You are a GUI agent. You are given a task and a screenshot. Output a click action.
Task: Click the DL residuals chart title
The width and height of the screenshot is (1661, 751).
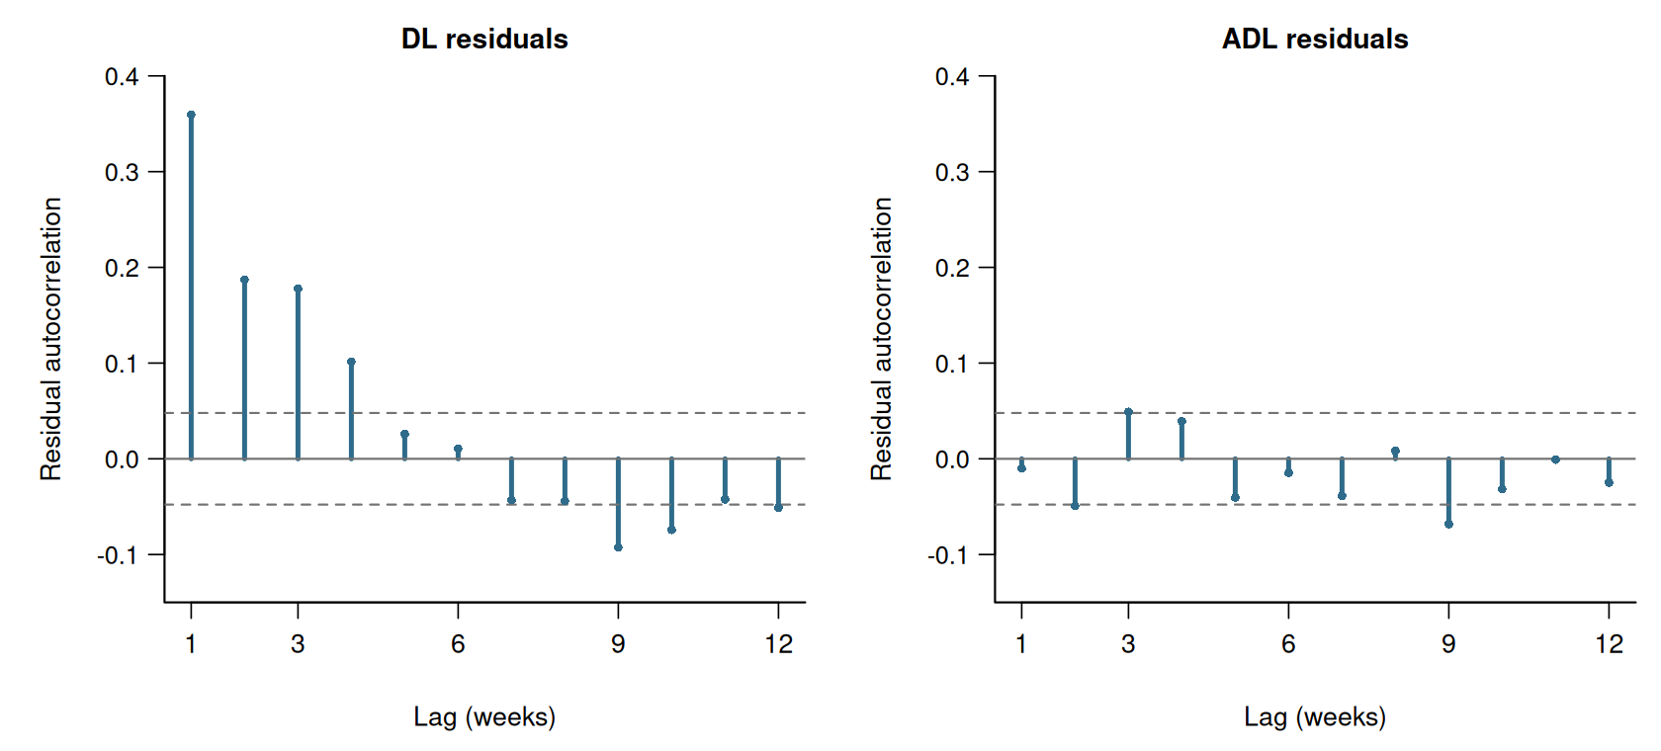(x=484, y=39)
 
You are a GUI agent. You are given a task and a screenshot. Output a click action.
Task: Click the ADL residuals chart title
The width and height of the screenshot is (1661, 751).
(x=1315, y=39)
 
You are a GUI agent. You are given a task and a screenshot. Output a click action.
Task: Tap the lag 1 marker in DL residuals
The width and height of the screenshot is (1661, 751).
(x=192, y=115)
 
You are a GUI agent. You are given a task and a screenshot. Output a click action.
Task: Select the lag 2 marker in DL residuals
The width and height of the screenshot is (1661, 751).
(x=245, y=280)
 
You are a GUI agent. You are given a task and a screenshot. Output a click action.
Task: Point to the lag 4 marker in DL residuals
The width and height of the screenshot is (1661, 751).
(x=352, y=362)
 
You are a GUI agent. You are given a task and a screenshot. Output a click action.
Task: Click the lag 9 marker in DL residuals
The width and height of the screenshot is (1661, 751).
(x=619, y=547)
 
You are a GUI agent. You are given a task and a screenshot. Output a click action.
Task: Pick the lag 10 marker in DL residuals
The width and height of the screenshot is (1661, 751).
(x=672, y=530)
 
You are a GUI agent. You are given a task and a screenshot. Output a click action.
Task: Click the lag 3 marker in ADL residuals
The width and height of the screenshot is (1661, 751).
(x=1129, y=411)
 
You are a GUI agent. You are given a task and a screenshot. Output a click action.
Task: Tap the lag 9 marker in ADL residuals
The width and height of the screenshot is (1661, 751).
(x=1449, y=524)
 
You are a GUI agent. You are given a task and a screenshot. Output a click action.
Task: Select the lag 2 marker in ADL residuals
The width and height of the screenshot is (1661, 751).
(x=1076, y=506)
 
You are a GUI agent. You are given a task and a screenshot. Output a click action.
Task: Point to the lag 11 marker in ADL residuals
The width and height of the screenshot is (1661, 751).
(x=1556, y=459)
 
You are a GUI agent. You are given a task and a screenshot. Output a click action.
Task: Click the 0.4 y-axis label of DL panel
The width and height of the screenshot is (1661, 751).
(x=122, y=76)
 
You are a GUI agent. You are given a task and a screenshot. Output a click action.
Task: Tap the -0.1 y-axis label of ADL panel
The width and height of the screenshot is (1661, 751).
(x=947, y=555)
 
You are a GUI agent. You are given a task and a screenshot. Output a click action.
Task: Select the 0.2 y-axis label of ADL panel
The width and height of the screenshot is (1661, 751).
(x=952, y=268)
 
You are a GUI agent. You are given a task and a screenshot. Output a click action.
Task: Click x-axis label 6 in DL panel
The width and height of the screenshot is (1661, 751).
(x=459, y=643)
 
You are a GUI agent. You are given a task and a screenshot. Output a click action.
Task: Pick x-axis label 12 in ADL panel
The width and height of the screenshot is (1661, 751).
(x=1610, y=643)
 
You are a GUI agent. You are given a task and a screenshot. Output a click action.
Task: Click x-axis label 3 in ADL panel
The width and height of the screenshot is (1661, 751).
(x=1129, y=643)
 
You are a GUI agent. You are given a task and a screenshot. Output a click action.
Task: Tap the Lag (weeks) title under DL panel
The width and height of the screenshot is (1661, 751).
(x=484, y=716)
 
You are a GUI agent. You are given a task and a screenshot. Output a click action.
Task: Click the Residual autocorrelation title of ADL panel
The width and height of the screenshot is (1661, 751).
(x=881, y=339)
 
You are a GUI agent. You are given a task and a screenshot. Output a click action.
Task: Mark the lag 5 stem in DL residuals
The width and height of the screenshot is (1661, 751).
(x=405, y=447)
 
